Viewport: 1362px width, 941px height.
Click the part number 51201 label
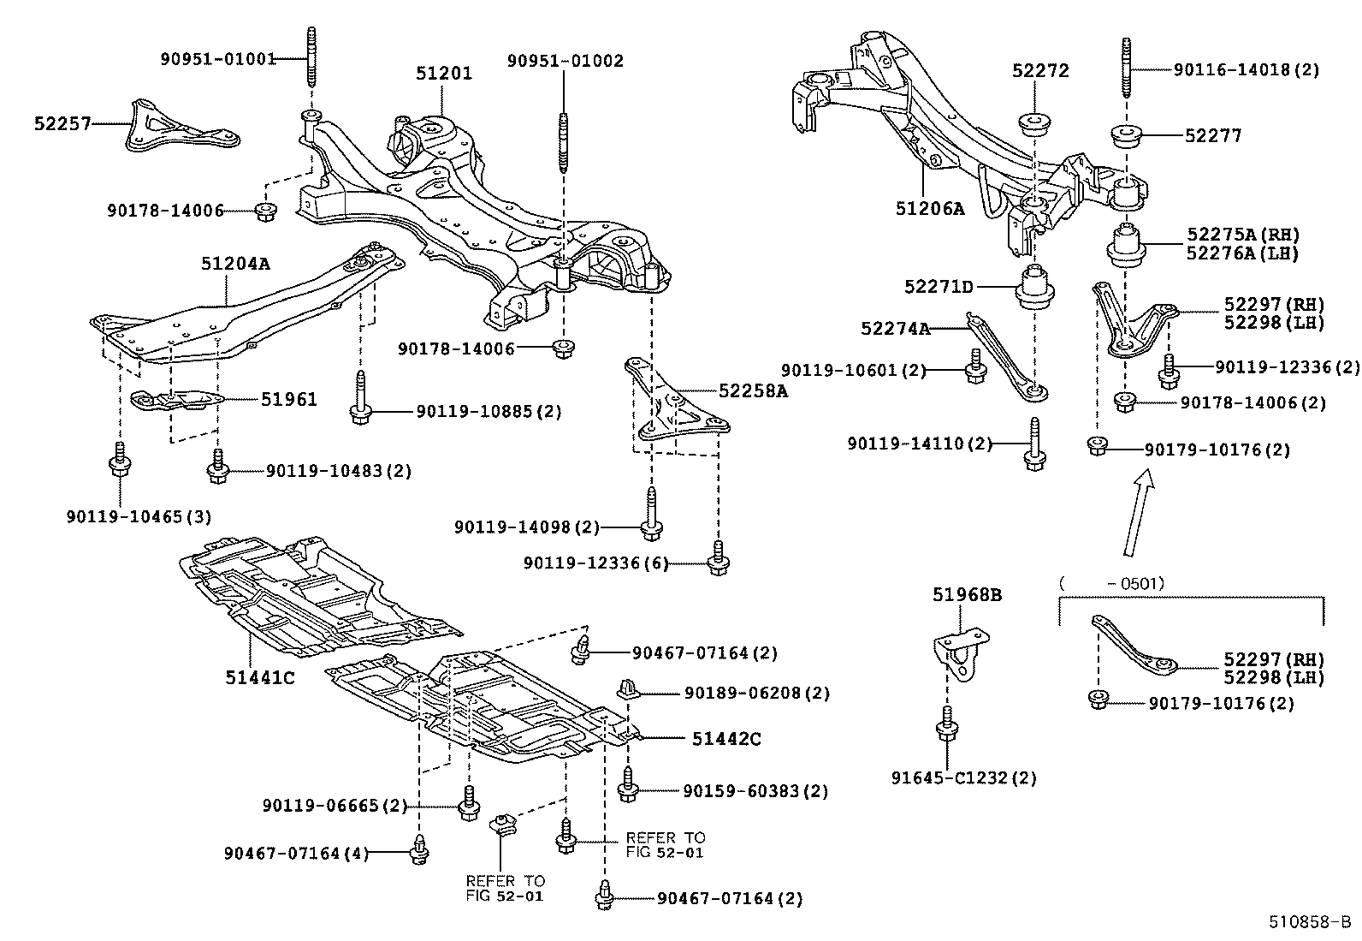[443, 74]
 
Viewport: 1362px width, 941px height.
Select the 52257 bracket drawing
[176, 128]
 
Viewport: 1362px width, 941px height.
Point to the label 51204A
[235, 264]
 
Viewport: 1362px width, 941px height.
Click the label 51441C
[260, 677]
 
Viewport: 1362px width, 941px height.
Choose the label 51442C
[726, 739]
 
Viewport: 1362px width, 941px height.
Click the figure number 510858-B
[1309, 922]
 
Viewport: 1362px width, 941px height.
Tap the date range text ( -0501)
[1112, 584]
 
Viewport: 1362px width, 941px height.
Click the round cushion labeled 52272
[1035, 122]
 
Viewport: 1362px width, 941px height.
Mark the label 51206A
[930, 208]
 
